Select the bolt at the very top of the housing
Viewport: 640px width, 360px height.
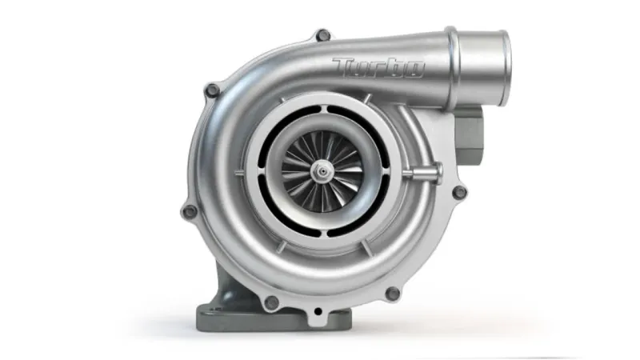point(322,35)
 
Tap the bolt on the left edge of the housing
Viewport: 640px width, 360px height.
point(190,211)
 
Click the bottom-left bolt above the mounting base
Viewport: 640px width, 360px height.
point(271,302)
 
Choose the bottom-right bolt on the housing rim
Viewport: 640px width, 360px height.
point(392,294)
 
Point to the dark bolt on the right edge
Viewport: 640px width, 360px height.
point(458,192)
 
